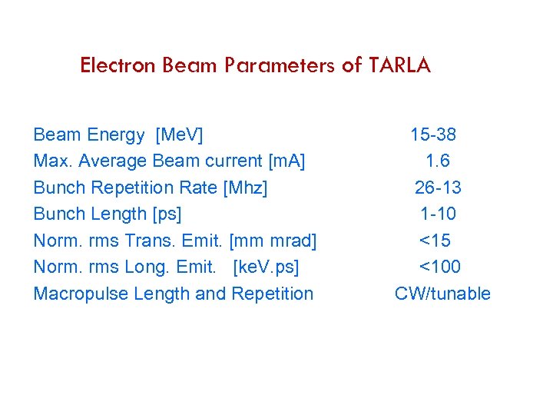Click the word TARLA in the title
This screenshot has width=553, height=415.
(399, 65)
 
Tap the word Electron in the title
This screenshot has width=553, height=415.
(118, 65)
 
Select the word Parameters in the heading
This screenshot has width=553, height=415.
(280, 65)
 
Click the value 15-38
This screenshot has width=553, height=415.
(433, 135)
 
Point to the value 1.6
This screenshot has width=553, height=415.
(437, 161)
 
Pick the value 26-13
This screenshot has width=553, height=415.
(438, 188)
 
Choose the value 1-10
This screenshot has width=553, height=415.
(438, 214)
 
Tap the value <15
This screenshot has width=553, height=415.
(435, 241)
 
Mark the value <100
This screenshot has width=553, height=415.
(439, 267)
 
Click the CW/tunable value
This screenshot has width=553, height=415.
(442, 294)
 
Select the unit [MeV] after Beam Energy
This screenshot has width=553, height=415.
(179, 135)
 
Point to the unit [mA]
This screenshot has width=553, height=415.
(286, 161)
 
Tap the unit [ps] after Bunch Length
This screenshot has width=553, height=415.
(168, 214)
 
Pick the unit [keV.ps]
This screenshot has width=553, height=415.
(266, 267)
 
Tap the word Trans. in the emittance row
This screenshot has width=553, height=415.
(147, 241)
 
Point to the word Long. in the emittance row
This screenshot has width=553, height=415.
(145, 267)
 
